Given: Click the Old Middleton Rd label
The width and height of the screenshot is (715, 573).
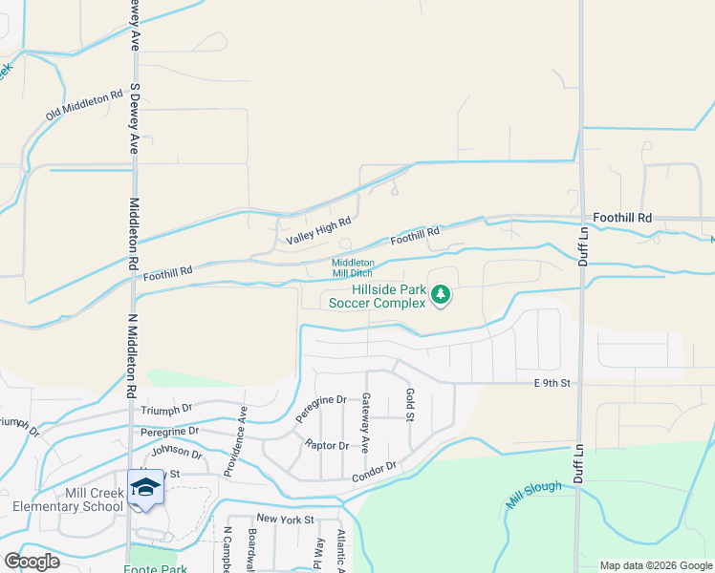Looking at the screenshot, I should click(x=85, y=105).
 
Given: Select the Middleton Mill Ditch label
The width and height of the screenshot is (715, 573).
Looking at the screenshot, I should click(x=353, y=268).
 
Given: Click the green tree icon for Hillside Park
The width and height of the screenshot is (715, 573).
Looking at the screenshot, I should click(x=441, y=295).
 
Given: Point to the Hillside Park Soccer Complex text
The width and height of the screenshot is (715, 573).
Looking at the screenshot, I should click(x=377, y=296).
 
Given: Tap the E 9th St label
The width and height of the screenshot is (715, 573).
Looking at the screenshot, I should click(x=552, y=383).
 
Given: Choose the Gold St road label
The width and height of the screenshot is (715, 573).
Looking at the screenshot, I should click(x=409, y=404).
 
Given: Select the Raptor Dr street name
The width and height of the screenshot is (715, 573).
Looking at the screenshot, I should click(x=326, y=446).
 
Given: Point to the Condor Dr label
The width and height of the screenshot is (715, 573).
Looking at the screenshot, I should click(x=374, y=471).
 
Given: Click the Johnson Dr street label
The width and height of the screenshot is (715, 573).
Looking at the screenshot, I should click(x=177, y=450).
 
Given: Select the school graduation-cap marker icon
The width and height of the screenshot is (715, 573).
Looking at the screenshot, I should click(x=145, y=488).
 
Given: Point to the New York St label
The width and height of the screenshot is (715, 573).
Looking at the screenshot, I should click(x=284, y=519).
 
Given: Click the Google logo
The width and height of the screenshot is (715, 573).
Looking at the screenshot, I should click(x=32, y=562).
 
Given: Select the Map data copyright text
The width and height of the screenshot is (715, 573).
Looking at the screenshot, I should click(x=655, y=565).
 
